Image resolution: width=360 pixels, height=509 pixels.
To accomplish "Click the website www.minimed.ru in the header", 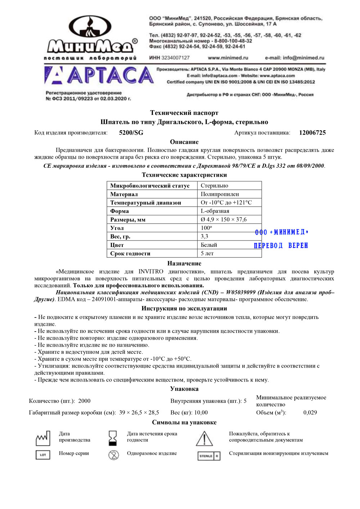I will tap(228, 58).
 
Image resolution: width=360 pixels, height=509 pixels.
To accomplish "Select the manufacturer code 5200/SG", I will tap(131, 133).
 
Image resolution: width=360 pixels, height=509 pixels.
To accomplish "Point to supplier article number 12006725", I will tap(312, 133).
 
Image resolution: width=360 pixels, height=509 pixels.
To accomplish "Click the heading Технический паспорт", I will tap(184, 113).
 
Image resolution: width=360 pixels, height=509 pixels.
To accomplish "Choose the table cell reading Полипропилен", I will tap(220, 194).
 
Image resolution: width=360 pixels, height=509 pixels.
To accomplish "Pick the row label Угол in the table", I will tap(117, 228).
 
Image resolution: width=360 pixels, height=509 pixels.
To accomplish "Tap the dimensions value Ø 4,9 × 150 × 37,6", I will tap(224, 220).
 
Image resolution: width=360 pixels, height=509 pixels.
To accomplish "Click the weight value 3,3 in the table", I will tap(204, 237).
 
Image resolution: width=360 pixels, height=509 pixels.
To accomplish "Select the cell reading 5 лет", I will tap(207, 253).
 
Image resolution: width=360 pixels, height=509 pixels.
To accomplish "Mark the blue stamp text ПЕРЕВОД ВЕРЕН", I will tap(281, 246).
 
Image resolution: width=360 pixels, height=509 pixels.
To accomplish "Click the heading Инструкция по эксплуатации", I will tap(184, 308).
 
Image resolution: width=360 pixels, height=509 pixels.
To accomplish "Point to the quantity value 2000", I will tap(84, 401).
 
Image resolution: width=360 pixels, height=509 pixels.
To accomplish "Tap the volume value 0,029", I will tap(310, 413).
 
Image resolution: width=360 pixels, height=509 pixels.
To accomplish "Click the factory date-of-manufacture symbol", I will tap(43, 438).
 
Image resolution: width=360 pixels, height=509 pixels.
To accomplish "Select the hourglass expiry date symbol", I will tap(113, 438).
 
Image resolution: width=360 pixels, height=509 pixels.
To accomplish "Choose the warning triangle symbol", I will tap(204, 438).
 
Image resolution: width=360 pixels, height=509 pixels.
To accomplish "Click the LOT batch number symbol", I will tap(43, 455).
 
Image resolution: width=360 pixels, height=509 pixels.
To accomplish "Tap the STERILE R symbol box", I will tap(208, 456).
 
